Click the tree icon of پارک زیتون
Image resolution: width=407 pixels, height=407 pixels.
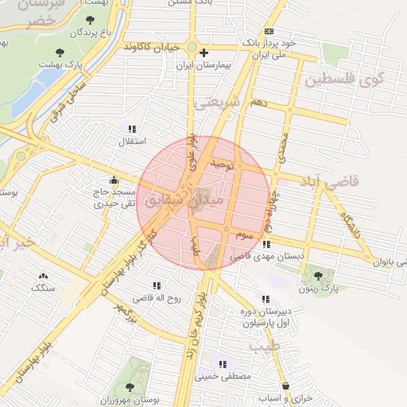[319, 276]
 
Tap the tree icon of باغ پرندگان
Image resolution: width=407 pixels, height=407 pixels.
[88, 19]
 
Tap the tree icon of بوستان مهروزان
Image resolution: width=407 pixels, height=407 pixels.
[130, 387]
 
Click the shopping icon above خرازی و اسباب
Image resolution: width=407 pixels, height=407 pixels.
[285, 386]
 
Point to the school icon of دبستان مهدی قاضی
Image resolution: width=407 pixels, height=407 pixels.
[266, 245]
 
